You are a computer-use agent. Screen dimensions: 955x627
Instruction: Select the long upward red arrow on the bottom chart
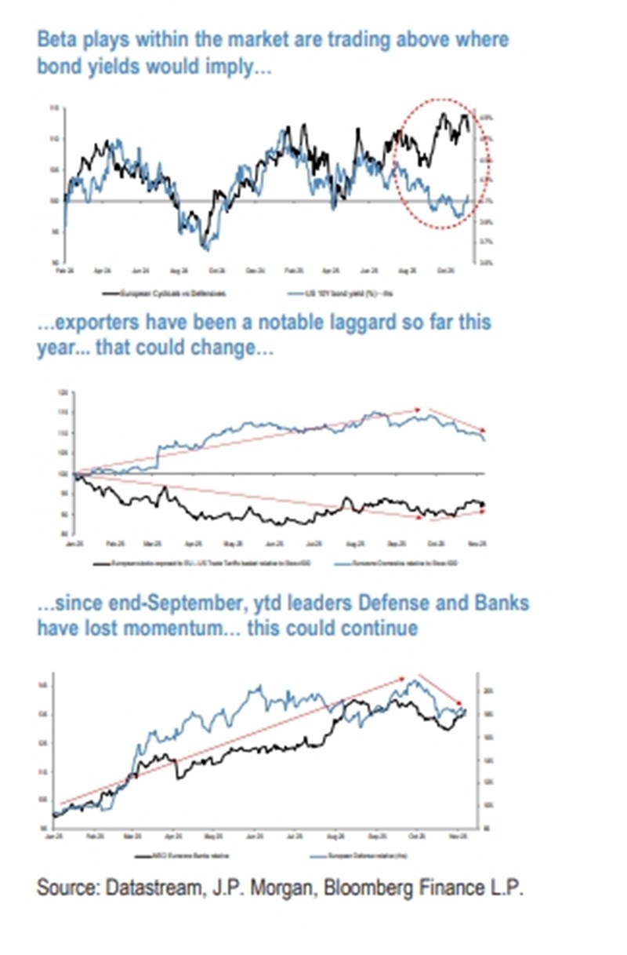235,740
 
